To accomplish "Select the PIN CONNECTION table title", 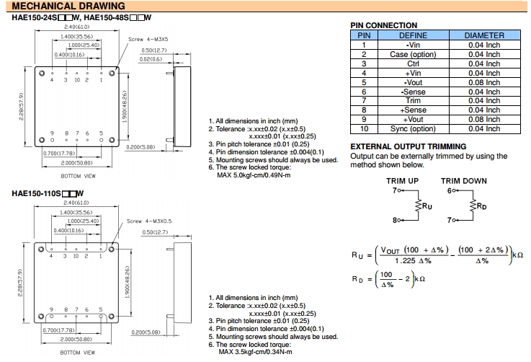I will click(383, 25).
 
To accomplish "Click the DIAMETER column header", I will click(483, 35).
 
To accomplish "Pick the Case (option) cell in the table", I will click(413, 54).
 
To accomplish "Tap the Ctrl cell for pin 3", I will click(413, 63).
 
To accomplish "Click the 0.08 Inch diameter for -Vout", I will click(483, 82).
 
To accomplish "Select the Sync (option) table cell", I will click(413, 129).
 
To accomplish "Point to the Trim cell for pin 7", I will click(413, 101).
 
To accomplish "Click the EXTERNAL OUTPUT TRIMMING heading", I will click(408, 146).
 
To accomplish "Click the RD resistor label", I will click(481, 206).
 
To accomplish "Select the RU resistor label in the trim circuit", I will click(427, 206).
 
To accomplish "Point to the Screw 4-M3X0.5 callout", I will click(149, 221).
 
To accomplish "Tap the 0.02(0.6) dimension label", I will click(151, 59).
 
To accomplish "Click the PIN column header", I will click(365, 35).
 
